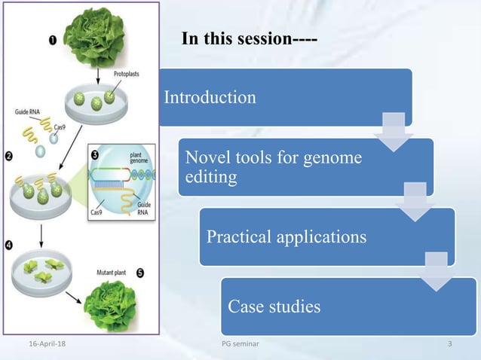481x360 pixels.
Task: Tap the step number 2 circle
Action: (x=10, y=157)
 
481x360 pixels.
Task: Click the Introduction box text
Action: (x=210, y=97)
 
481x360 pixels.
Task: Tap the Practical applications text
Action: (x=286, y=236)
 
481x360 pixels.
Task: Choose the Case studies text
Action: (x=274, y=307)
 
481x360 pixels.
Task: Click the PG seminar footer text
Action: (x=235, y=345)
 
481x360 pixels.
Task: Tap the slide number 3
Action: (x=449, y=345)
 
